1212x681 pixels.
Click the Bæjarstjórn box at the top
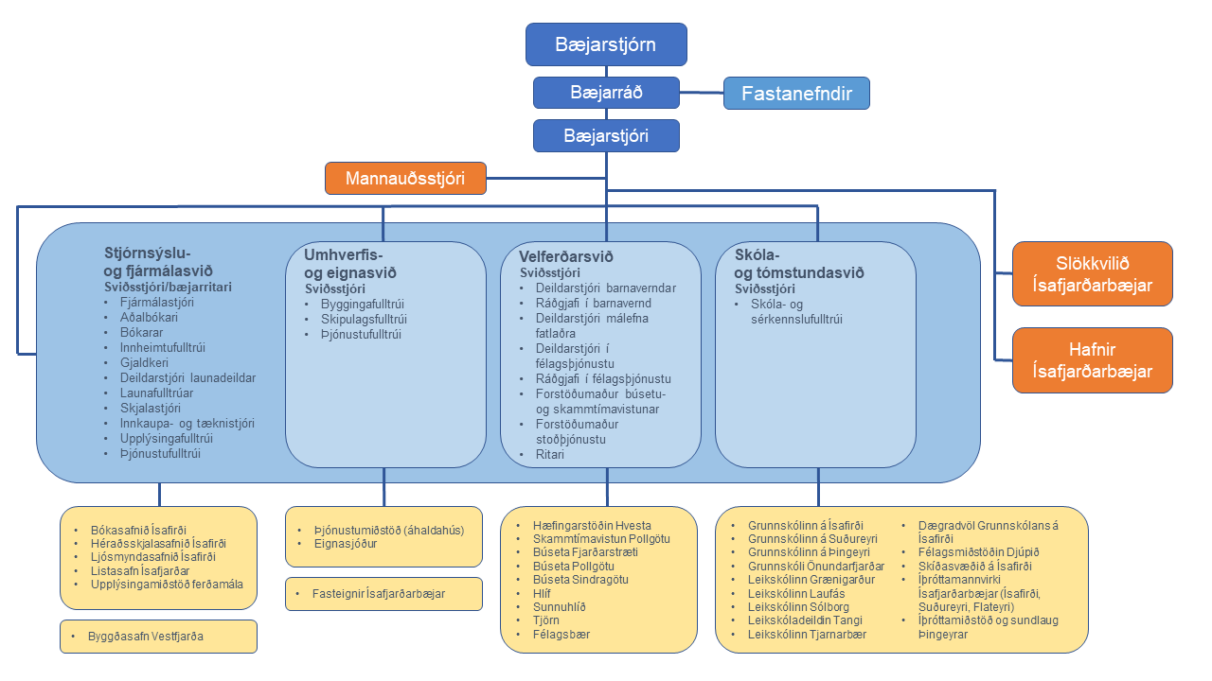606,44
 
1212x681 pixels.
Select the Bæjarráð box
606,93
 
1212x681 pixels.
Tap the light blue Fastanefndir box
796,93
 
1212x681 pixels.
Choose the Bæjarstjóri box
606,135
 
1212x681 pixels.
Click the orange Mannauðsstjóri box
405,178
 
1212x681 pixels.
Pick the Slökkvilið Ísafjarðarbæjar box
1093,274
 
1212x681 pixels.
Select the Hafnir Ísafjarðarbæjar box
1093,360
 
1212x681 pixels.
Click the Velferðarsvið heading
566,256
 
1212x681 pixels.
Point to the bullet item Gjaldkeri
144,362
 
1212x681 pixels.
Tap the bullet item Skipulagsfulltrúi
364,319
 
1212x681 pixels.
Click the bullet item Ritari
550,455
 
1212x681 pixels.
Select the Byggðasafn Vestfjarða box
158,637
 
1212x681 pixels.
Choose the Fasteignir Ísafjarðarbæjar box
383,594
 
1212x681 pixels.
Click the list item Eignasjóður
346,544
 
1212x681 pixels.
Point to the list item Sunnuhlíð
560,607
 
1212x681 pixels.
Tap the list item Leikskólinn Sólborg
798,607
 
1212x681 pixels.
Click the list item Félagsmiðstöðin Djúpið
979,552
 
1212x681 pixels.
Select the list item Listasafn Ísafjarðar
140,570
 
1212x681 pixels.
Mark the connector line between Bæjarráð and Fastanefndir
702,93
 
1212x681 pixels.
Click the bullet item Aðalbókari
149,317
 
